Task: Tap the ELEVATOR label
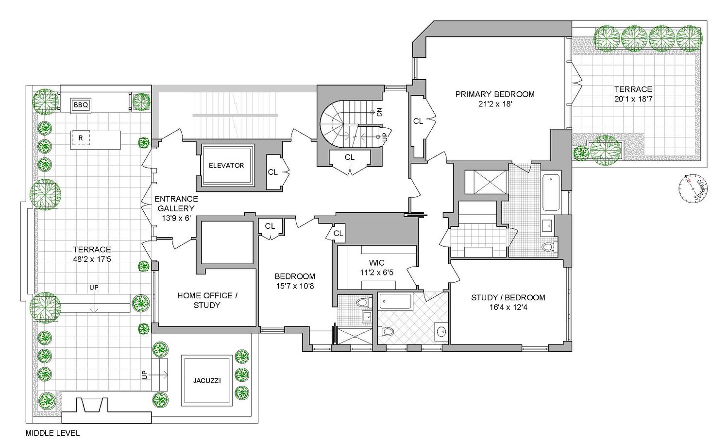pyautogui.click(x=226, y=165)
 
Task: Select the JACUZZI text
pyautogui.click(x=206, y=380)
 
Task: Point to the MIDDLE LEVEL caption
pyautogui.click(x=52, y=433)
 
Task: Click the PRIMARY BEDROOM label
pyautogui.click(x=494, y=94)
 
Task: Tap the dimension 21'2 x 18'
pyautogui.click(x=494, y=103)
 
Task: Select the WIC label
pyautogui.click(x=376, y=263)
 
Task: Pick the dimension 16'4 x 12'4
pyautogui.click(x=508, y=307)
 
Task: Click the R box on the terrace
pyautogui.click(x=81, y=138)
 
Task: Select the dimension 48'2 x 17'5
pyautogui.click(x=92, y=259)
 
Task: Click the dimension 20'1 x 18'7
pyautogui.click(x=633, y=99)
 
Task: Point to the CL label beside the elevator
pyautogui.click(x=272, y=172)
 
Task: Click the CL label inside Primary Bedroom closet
pyautogui.click(x=418, y=121)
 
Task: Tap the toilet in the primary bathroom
pyautogui.click(x=547, y=247)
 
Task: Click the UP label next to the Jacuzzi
pyautogui.click(x=144, y=375)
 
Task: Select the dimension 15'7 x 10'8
pyautogui.click(x=295, y=286)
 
